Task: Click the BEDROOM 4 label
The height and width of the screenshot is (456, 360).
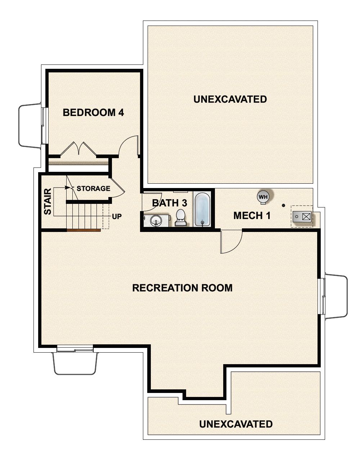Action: [93, 112]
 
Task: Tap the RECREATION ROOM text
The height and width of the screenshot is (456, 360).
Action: [182, 288]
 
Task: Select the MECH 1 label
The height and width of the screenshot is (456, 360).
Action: [252, 216]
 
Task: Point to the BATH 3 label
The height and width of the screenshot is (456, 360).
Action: [169, 203]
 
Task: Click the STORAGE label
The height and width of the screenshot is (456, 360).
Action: [93, 188]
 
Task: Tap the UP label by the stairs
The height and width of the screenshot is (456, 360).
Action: [117, 216]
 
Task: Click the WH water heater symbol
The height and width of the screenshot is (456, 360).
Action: [263, 197]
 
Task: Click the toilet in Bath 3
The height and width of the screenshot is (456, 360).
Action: [180, 218]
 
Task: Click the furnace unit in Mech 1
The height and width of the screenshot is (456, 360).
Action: [301, 216]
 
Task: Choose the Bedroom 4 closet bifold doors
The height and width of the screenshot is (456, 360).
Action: [78, 149]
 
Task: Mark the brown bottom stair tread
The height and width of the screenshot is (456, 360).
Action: [84, 230]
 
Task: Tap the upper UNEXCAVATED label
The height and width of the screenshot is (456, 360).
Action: [230, 99]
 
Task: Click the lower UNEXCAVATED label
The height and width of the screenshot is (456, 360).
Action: [236, 424]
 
